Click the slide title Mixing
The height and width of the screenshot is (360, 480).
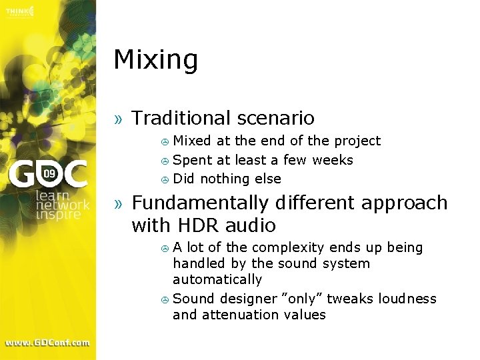pos(155,60)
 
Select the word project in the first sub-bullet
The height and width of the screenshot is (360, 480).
pos(357,141)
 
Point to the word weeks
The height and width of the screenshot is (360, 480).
pos(333,160)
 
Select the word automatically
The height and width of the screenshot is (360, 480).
pos(217,280)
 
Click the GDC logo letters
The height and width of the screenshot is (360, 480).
pos(47,175)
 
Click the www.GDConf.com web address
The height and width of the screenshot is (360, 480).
pos(47,343)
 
